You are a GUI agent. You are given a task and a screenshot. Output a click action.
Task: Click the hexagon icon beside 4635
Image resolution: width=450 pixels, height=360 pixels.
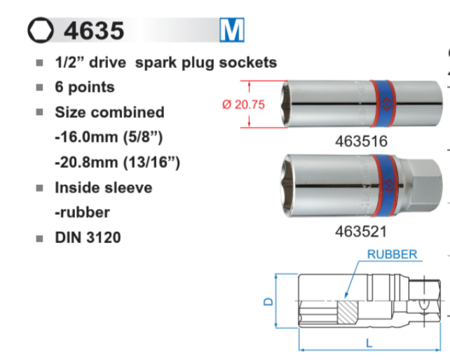pyautogui.click(x=41, y=30)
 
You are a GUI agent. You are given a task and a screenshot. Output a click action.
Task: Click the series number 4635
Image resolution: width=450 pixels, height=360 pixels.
pyautogui.click(x=94, y=30)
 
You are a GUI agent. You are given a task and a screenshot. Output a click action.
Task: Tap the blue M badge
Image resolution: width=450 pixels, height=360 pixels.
pyautogui.click(x=232, y=30)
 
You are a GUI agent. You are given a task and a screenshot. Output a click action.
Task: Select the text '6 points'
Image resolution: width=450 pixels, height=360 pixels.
pyautogui.click(x=85, y=88)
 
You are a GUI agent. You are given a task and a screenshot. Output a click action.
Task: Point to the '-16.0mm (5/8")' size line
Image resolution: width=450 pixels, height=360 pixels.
pyautogui.click(x=109, y=137)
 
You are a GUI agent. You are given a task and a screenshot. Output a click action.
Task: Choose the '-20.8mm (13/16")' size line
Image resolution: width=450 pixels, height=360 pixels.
pyautogui.click(x=117, y=162)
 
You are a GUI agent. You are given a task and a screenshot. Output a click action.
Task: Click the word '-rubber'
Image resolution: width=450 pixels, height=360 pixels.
pyautogui.click(x=83, y=212)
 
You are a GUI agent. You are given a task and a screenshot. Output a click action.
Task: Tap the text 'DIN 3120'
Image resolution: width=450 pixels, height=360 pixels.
pyautogui.click(x=88, y=237)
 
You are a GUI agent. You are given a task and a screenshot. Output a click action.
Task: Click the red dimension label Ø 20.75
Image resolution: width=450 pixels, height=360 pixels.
pyautogui.click(x=243, y=104)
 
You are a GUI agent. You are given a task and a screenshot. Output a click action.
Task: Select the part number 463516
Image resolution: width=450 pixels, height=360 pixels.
pyautogui.click(x=361, y=141)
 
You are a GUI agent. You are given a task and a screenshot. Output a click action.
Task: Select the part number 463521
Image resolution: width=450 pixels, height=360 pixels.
pyautogui.click(x=361, y=231)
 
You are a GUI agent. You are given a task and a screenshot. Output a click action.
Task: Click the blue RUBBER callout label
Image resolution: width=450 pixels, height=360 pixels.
pyautogui.click(x=392, y=254)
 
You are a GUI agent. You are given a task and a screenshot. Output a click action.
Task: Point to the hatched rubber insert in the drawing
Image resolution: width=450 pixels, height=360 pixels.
pyautogui.click(x=348, y=312)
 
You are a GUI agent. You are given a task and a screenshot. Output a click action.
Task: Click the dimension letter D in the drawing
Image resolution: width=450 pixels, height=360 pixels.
pyautogui.click(x=268, y=301)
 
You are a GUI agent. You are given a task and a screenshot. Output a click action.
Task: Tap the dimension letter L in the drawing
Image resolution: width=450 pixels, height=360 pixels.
pyautogui.click(x=369, y=343)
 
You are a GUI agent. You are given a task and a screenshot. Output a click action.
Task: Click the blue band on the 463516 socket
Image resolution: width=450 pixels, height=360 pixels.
pyautogui.click(x=383, y=104)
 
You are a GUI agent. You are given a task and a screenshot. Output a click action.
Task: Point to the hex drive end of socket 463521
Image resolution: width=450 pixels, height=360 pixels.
pyautogui.click(x=423, y=186)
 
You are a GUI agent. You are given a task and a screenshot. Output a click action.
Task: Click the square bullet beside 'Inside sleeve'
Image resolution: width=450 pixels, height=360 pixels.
pyautogui.click(x=40, y=188)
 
